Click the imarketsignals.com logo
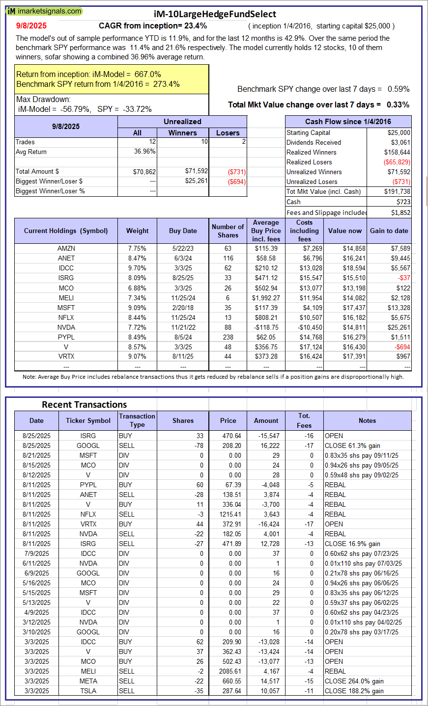(44, 11)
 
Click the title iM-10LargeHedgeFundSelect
(214, 14)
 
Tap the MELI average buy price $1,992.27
(266, 298)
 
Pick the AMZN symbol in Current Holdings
(66, 249)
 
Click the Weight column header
(137, 231)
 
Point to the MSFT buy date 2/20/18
(183, 308)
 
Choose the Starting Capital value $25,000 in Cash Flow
(399, 133)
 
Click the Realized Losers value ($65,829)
(397, 162)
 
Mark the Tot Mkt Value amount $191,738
(397, 192)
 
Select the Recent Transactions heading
(85, 405)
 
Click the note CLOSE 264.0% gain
(354, 681)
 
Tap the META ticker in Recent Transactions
(88, 681)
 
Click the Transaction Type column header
(137, 420)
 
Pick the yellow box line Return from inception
(89, 75)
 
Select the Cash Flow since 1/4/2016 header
(348, 122)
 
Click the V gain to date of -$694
(402, 347)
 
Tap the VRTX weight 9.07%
(137, 357)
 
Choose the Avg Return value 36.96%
(144, 152)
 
